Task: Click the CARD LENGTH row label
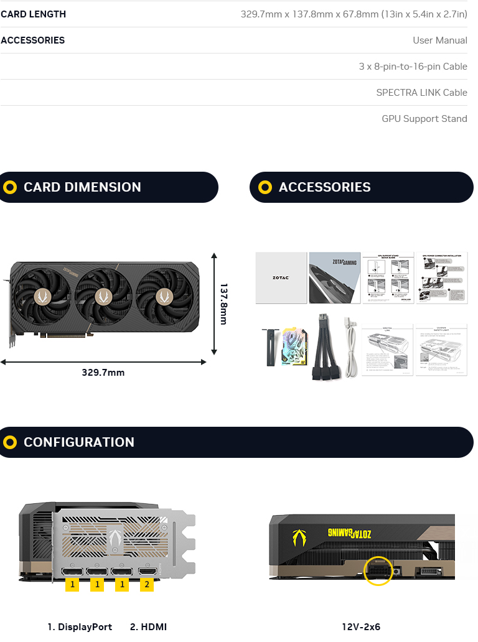33,14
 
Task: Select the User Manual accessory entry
439,40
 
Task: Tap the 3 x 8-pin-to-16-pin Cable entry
413,67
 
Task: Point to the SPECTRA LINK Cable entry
421,93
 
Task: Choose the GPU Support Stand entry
424,119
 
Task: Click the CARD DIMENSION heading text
82,187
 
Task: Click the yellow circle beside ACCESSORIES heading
265,187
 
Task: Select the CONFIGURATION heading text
79,442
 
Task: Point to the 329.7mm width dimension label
103,373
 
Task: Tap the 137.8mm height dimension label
223,304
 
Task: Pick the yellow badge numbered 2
147,584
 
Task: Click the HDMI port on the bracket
148,571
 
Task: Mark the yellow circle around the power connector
378,570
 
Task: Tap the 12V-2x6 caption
361,627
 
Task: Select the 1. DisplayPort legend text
80,627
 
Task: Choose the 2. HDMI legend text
148,627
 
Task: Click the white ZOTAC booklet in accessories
281,277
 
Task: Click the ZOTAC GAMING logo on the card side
349,533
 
